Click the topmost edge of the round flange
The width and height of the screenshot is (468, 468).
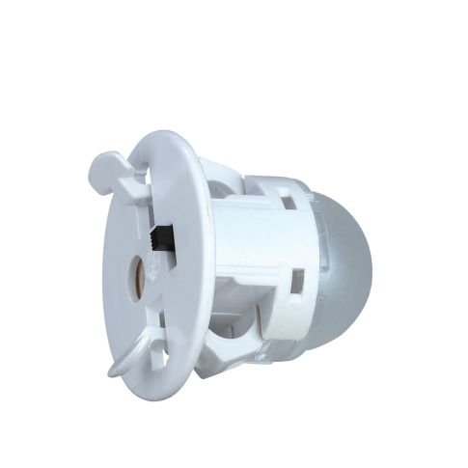168,130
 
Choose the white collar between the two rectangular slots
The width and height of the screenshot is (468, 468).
299,241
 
